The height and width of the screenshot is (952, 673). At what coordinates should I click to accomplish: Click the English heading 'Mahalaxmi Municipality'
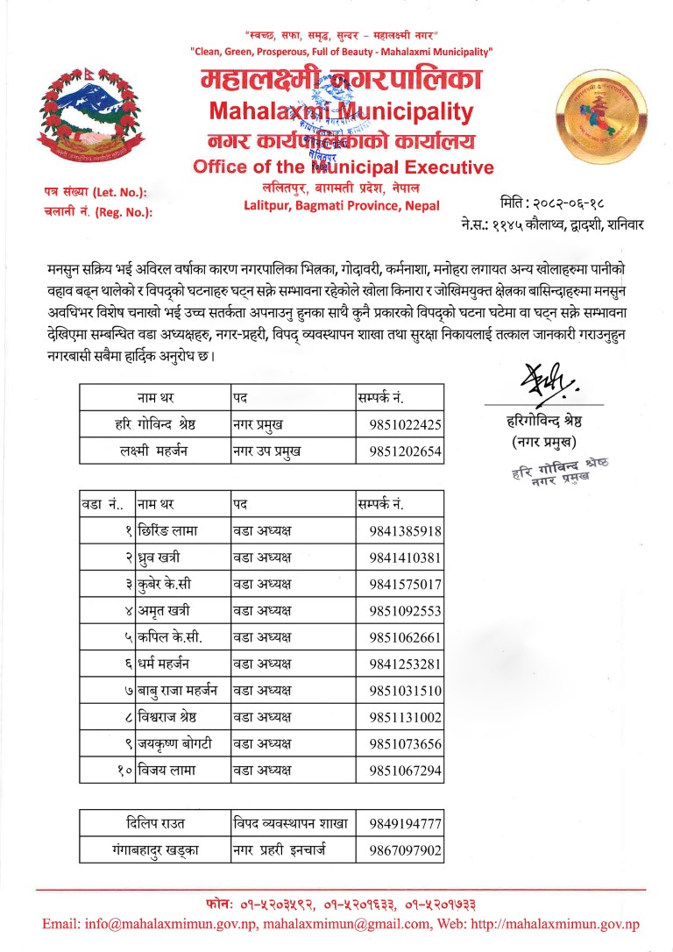coord(341,111)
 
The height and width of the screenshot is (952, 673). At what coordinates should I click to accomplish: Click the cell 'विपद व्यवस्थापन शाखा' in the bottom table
coord(291,823)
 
